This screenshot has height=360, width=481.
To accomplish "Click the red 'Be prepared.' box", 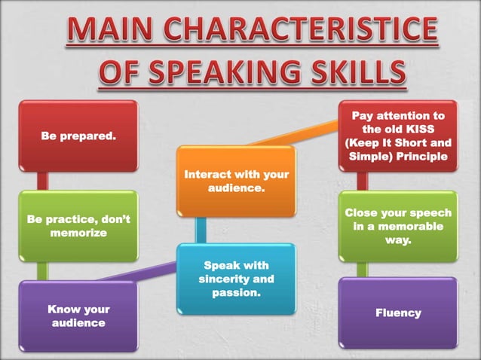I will [x=78, y=137].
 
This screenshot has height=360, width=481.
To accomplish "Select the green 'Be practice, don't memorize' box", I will [x=78, y=226].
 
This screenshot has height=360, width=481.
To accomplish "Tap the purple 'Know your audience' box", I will [x=78, y=316].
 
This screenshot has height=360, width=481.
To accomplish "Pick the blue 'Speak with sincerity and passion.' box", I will [x=236, y=277].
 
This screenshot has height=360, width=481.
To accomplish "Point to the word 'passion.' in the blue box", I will [x=236, y=292].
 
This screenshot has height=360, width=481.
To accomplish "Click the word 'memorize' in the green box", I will [x=78, y=233].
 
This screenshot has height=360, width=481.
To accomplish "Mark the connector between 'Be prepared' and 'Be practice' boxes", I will [x=43, y=182].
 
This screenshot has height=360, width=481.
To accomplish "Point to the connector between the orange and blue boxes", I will [x=201, y=229].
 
